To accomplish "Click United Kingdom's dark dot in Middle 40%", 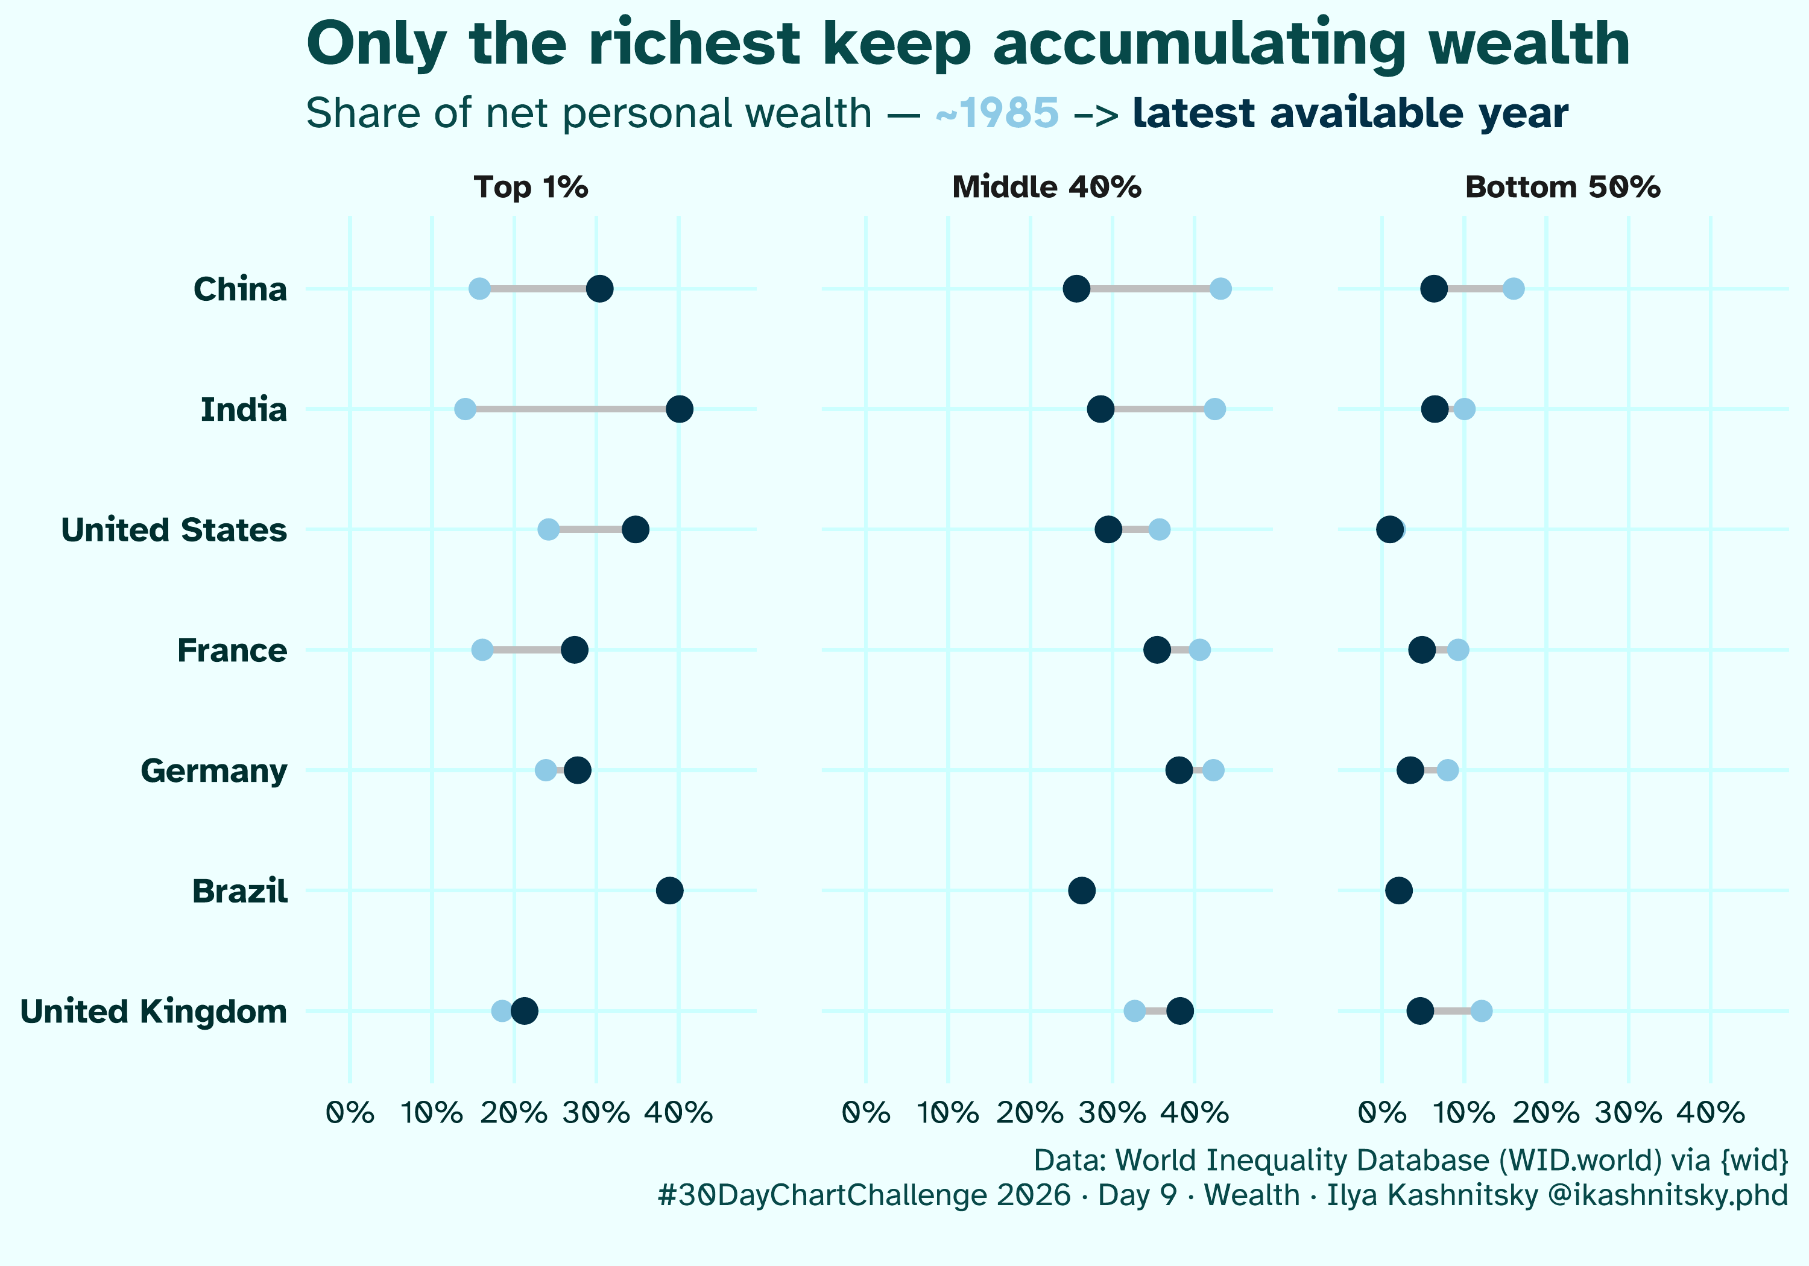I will click(x=1179, y=1011).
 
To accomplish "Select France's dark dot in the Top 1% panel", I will click(x=575, y=650).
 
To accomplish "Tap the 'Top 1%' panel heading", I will click(x=531, y=187).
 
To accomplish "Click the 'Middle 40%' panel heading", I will click(x=1046, y=187).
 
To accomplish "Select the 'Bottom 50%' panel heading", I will click(x=1562, y=187).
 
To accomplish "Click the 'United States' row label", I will click(x=174, y=530).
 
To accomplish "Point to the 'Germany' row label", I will click(x=213, y=770).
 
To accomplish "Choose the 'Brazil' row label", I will click(x=239, y=891).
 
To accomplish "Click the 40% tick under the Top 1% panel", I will click(x=678, y=1113).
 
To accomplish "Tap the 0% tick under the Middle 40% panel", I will click(x=866, y=1113).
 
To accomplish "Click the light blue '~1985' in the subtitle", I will click(x=997, y=113).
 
